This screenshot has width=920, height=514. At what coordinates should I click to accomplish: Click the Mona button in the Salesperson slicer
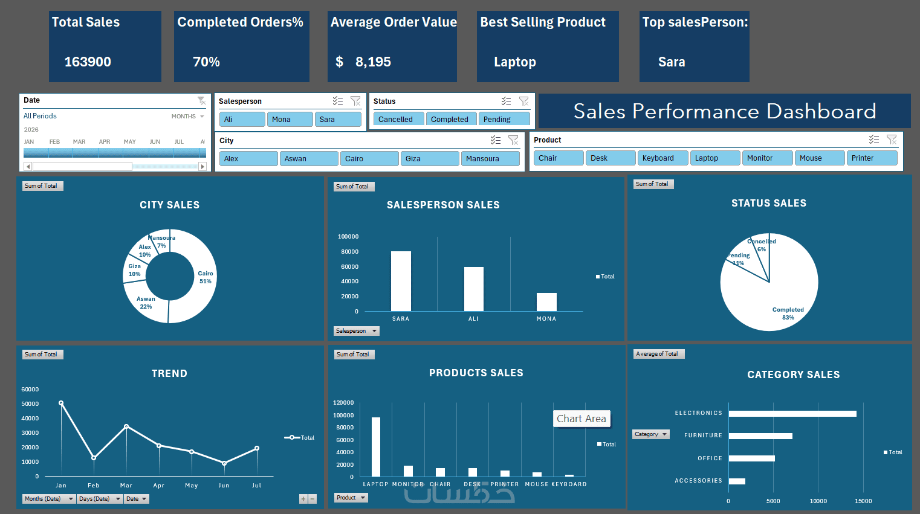coord(290,119)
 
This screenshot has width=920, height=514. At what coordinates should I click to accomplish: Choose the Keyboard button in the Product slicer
coord(662,158)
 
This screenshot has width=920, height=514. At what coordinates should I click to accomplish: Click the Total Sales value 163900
coord(88,62)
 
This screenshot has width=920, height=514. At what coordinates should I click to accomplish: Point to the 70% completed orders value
coord(206,62)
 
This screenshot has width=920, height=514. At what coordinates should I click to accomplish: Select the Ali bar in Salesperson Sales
coord(473,289)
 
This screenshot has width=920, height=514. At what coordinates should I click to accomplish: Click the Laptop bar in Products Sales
coord(376,447)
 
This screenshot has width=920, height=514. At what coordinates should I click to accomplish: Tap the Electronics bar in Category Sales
coord(792,413)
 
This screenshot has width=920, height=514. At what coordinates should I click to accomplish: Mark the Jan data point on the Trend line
coord(61,403)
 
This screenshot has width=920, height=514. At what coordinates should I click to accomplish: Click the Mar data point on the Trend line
coord(126,426)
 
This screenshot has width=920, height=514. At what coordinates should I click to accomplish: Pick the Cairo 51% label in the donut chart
coord(206,277)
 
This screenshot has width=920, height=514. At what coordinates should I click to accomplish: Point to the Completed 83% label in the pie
coord(788,313)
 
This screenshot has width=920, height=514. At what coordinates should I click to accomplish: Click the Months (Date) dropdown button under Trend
coord(48,499)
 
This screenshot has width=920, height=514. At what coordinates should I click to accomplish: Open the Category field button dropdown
coord(651,434)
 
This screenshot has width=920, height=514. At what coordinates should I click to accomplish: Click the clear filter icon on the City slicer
coord(513,140)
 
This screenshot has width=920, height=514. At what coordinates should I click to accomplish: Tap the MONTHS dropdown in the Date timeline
coord(188,117)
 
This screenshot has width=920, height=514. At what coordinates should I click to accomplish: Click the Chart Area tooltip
coord(581,419)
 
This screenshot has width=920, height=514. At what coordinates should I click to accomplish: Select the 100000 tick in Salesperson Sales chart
coord(348,237)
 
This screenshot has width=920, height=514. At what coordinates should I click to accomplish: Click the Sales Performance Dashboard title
coord(725,111)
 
